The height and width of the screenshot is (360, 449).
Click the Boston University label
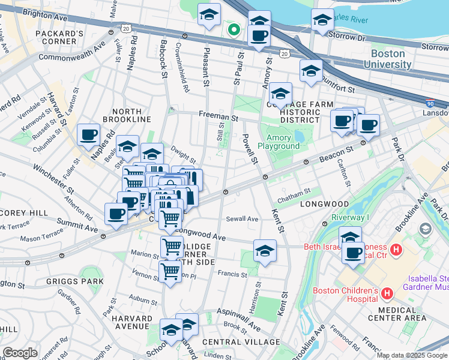(387, 59)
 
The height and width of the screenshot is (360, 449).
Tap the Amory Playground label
(279, 142)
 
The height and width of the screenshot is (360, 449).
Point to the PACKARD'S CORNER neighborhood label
(59, 38)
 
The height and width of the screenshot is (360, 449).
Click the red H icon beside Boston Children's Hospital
(387, 293)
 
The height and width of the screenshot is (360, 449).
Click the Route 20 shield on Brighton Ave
(125, 28)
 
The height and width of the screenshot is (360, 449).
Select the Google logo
(20, 353)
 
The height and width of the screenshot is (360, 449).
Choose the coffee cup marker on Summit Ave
(116, 214)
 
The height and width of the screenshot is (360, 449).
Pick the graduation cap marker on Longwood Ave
(265, 250)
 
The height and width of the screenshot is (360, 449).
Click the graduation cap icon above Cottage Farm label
(280, 94)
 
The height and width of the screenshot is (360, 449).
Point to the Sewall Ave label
(242, 219)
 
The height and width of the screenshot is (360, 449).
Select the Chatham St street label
(294, 191)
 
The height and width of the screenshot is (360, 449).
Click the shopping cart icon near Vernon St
(170, 272)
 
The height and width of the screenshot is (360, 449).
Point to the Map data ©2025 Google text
(411, 355)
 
